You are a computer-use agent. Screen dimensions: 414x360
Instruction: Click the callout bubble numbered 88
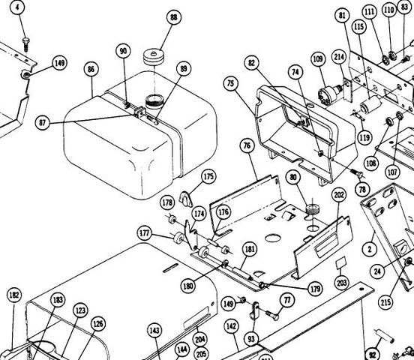pyautogui.click(x=174, y=17)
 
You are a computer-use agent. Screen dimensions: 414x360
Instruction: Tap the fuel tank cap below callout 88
pyautogui.click(x=154, y=56)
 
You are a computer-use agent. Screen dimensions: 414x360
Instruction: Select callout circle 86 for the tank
pyautogui.click(x=91, y=69)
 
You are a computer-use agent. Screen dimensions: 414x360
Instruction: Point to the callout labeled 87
pyautogui.click(x=42, y=123)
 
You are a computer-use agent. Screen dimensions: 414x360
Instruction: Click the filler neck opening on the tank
pyautogui.click(x=155, y=102)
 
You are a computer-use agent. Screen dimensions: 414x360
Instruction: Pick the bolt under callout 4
pyautogui.click(x=25, y=44)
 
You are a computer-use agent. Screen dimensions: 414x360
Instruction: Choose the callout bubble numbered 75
pyautogui.click(x=231, y=83)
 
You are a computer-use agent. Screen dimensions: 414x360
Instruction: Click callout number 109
pyautogui.click(x=318, y=58)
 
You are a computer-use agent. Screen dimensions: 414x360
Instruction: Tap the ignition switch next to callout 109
pyautogui.click(x=331, y=92)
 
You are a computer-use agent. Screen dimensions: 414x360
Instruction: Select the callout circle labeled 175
pyautogui.click(x=208, y=176)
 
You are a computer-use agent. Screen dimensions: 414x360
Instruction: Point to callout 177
pyautogui.click(x=144, y=233)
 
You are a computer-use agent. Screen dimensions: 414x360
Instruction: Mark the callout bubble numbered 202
pyautogui.click(x=339, y=195)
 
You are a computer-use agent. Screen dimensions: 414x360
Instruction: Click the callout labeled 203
pyautogui.click(x=342, y=283)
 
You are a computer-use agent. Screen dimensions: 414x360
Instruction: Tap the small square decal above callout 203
pyautogui.click(x=340, y=262)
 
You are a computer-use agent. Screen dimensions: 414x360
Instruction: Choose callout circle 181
pyautogui.click(x=250, y=249)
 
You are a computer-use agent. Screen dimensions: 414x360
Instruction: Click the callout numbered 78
pyautogui.click(x=362, y=190)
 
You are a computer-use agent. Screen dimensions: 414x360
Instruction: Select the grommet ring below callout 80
pyautogui.click(x=313, y=210)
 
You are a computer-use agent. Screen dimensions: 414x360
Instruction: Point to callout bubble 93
pyautogui.click(x=251, y=338)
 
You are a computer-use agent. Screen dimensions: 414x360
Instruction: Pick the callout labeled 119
pyautogui.click(x=364, y=137)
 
